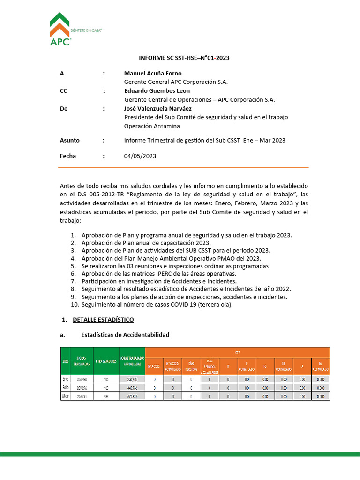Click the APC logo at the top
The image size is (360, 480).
[60, 29]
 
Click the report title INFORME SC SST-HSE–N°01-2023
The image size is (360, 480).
[184, 58]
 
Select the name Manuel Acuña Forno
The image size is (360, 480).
[152, 74]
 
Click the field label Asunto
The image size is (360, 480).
[70, 140]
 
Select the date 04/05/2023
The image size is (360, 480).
[140, 156]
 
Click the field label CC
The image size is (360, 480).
[64, 91]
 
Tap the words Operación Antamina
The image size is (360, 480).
[152, 126]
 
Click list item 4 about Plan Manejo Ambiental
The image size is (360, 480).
[171, 258]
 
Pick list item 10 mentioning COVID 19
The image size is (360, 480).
[157, 305]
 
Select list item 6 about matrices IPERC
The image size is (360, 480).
[159, 274]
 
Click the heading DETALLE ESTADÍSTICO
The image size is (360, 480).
[103, 320]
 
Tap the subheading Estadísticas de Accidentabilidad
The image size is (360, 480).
[125, 335]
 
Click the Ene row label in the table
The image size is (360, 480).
[65, 379]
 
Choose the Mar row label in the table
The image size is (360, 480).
[65, 396]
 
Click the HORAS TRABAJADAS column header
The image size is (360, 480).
[82, 361]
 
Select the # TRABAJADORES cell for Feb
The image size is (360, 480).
[106, 388]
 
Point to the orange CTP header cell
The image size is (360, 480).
[238, 352]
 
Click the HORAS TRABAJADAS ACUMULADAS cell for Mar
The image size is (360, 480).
[132, 396]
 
